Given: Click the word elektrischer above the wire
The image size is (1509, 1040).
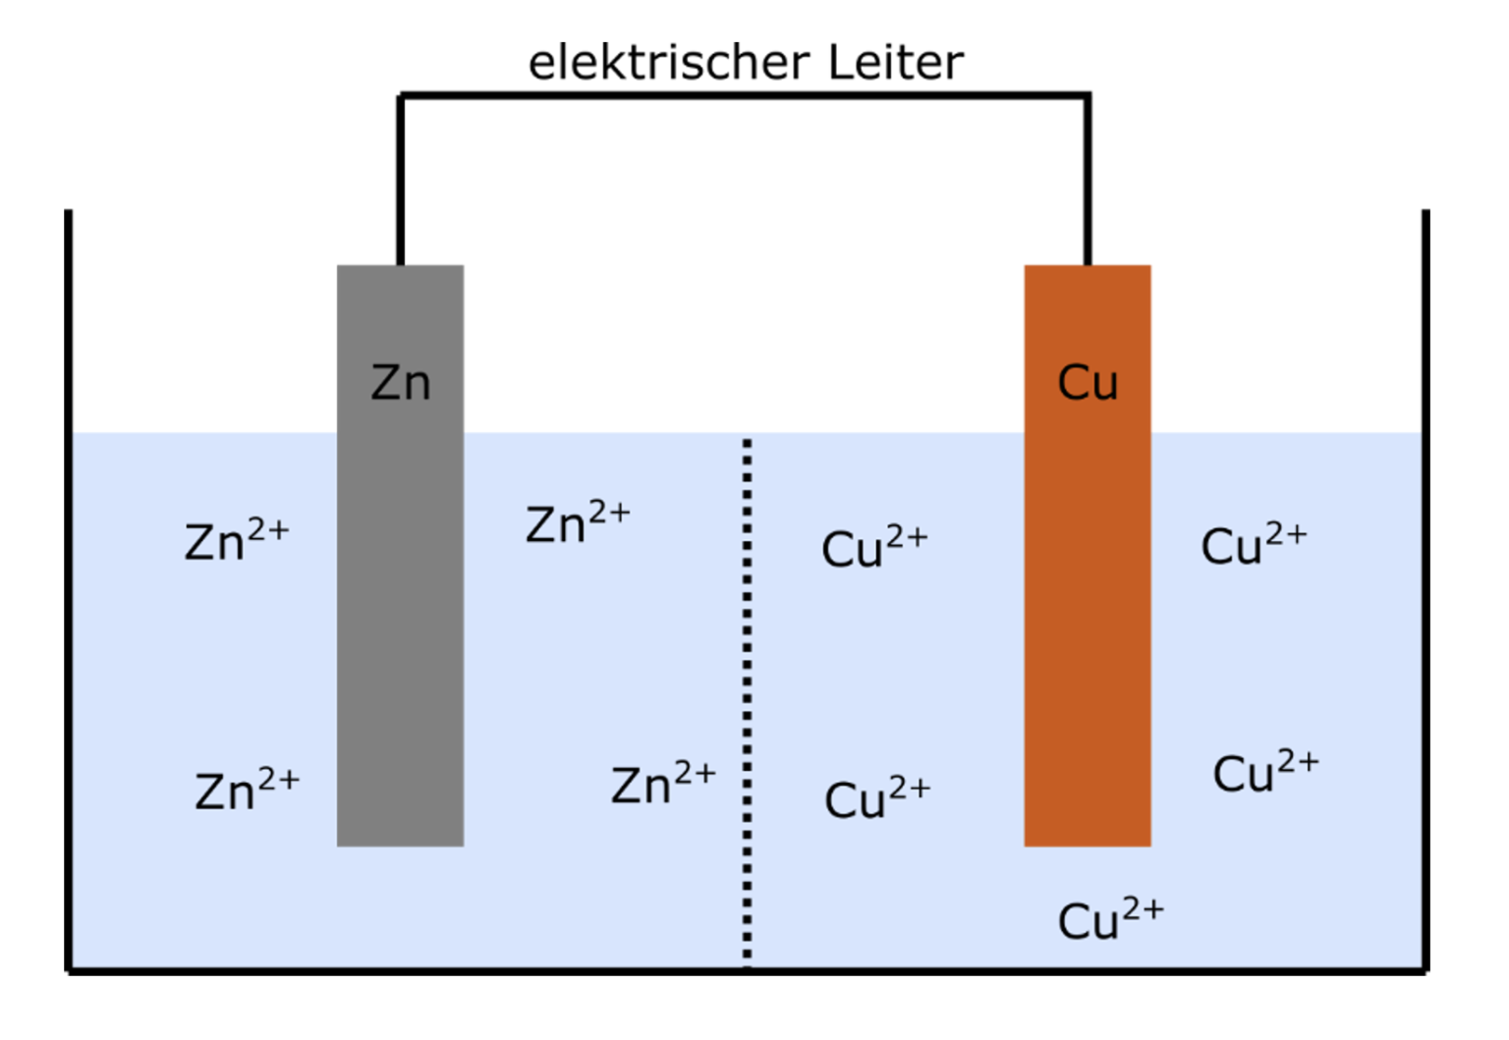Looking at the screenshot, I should tap(669, 63).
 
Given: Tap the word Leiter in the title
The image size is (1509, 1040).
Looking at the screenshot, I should tap(895, 63).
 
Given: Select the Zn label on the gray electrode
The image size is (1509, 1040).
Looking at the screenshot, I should tap(401, 382).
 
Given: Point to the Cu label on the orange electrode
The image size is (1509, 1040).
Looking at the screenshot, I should tap(1088, 382).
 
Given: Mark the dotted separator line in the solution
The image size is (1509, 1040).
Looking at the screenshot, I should tap(748, 687).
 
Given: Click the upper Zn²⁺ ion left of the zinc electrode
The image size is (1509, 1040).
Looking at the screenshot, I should tap(237, 539).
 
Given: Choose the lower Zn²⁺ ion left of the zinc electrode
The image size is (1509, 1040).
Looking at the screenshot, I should tap(247, 790).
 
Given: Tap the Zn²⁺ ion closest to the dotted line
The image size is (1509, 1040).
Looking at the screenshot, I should tap(663, 784).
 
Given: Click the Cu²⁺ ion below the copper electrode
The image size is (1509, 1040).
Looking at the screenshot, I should tap(1110, 919).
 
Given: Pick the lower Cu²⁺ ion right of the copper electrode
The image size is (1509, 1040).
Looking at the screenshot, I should tap(1265, 772).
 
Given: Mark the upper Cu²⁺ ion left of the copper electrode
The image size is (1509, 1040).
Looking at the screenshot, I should tap(874, 547).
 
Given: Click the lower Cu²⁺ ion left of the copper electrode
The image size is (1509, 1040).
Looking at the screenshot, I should tap(876, 797).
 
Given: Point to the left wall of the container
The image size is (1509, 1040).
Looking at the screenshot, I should tap(69, 589).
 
